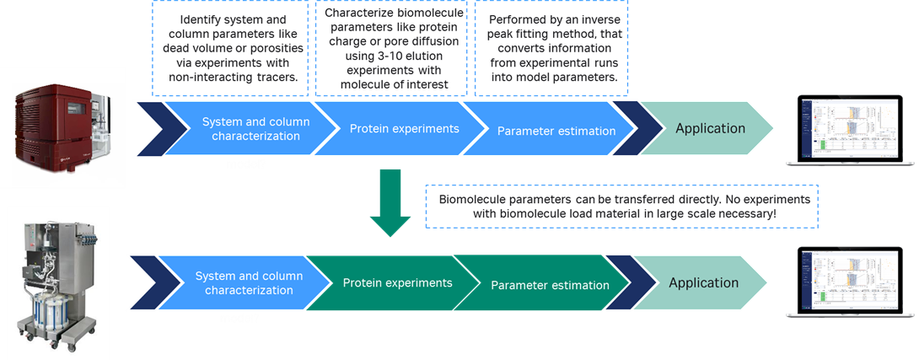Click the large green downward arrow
390,201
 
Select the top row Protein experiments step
404,129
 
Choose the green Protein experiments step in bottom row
397,282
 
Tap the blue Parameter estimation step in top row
556,131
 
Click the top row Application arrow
708,129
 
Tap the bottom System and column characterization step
245,282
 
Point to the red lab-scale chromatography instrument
63,127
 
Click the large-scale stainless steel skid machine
58,278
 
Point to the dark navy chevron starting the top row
152,129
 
